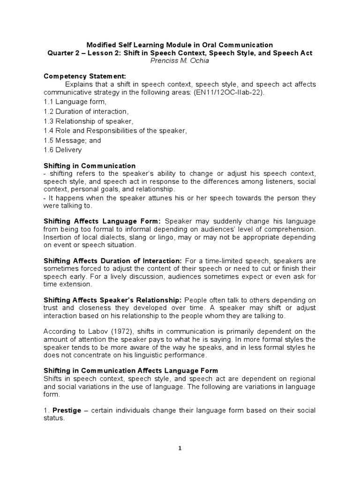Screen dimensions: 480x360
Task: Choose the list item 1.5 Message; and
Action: [72, 140]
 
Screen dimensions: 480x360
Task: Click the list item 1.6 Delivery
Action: [62, 150]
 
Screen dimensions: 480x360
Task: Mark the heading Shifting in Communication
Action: [90, 166]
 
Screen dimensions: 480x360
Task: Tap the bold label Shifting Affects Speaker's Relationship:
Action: [113, 300]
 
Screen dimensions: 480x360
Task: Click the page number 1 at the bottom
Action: [180, 448]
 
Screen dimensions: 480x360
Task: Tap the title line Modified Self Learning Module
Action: [180, 45]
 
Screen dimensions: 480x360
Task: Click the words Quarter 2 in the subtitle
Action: [64, 53]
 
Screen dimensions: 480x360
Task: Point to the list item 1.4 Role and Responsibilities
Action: [115, 131]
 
